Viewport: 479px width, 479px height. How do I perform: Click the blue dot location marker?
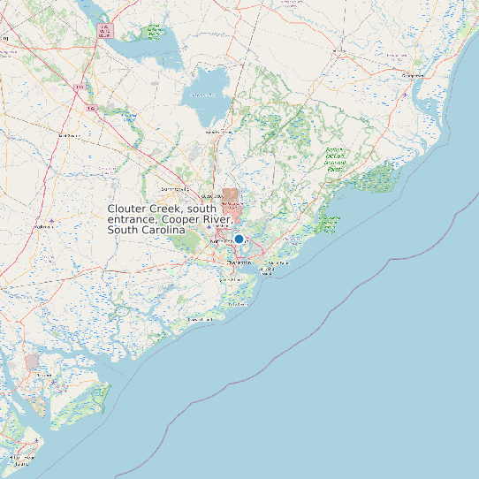click(x=239, y=239)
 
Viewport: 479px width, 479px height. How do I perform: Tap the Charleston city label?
click(x=239, y=262)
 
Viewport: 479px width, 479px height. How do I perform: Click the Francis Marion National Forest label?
click(x=334, y=157)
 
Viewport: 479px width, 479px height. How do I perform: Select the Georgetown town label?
click(x=413, y=76)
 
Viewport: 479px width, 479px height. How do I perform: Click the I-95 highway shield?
click(x=79, y=87)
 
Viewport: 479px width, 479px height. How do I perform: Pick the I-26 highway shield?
click(x=91, y=108)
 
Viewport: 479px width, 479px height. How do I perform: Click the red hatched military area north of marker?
click(x=230, y=196)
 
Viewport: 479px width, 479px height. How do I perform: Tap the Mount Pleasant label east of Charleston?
click(x=277, y=263)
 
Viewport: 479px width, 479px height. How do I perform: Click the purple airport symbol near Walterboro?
click(x=52, y=219)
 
